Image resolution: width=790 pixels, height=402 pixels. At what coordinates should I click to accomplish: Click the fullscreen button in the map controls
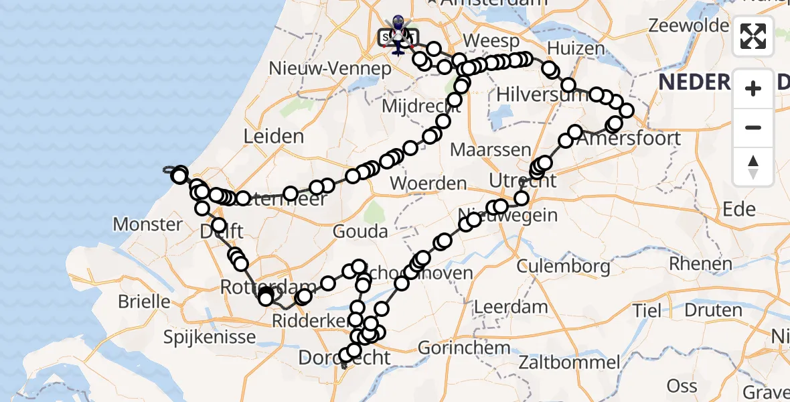click(x=753, y=36)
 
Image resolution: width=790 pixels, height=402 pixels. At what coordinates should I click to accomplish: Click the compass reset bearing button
click(x=753, y=165)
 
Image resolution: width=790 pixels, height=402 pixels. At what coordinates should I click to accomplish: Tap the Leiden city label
click(x=273, y=137)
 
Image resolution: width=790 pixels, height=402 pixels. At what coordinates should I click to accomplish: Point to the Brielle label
click(x=144, y=301)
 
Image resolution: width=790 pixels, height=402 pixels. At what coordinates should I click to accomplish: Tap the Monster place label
click(x=148, y=224)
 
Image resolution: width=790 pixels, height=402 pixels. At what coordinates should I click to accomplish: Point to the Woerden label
click(x=428, y=184)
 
